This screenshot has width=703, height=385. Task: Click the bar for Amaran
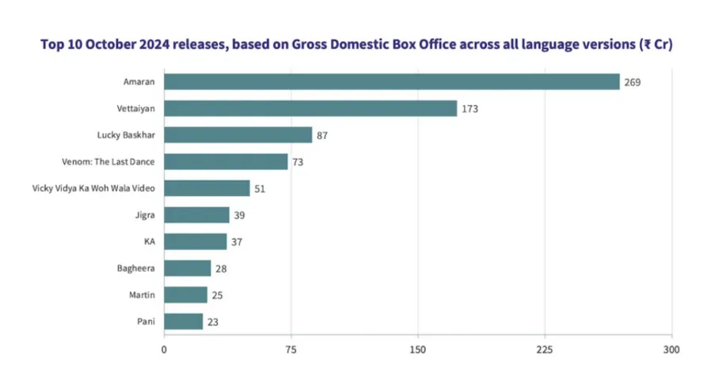pyautogui.click(x=392, y=82)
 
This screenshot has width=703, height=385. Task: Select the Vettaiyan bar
pyautogui.click(x=310, y=108)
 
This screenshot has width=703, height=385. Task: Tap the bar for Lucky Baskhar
pyautogui.click(x=238, y=135)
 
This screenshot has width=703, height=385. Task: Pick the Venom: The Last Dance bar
pyautogui.click(x=226, y=162)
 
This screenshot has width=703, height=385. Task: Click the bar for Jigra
pyautogui.click(x=196, y=215)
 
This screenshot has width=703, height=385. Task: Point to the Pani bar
pyautogui.click(x=184, y=322)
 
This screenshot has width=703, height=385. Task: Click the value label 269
pyautogui.click(x=632, y=82)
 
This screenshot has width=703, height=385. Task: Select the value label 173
pyautogui.click(x=469, y=108)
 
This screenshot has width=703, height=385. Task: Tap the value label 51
pyautogui.click(x=260, y=188)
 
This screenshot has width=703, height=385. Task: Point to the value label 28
pyautogui.click(x=221, y=268)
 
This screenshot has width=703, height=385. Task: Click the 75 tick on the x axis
pyautogui.click(x=291, y=349)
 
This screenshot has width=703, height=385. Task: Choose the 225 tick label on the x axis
pyautogui.click(x=545, y=349)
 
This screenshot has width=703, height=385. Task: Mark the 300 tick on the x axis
pyautogui.click(x=671, y=349)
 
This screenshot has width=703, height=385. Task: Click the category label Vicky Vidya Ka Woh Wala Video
pyautogui.click(x=93, y=188)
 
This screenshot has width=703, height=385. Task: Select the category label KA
pyautogui.click(x=149, y=242)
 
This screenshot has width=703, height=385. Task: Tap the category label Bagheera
pyautogui.click(x=136, y=268)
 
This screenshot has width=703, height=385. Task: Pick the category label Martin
pyautogui.click(x=142, y=295)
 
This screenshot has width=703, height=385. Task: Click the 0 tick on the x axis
pyautogui.click(x=165, y=349)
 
